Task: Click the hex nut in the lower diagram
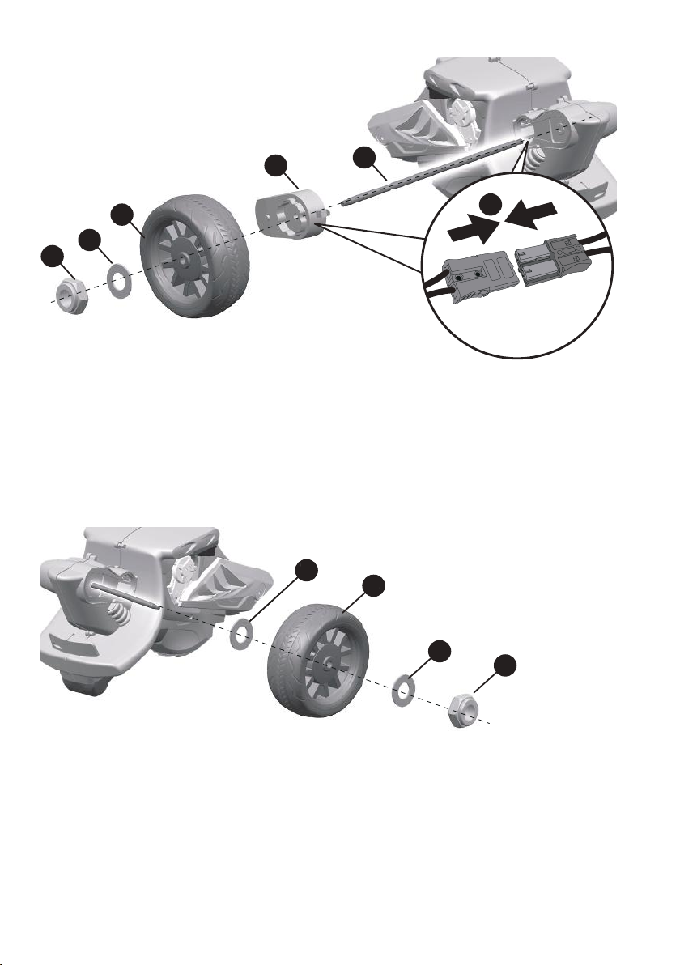[467, 709]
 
